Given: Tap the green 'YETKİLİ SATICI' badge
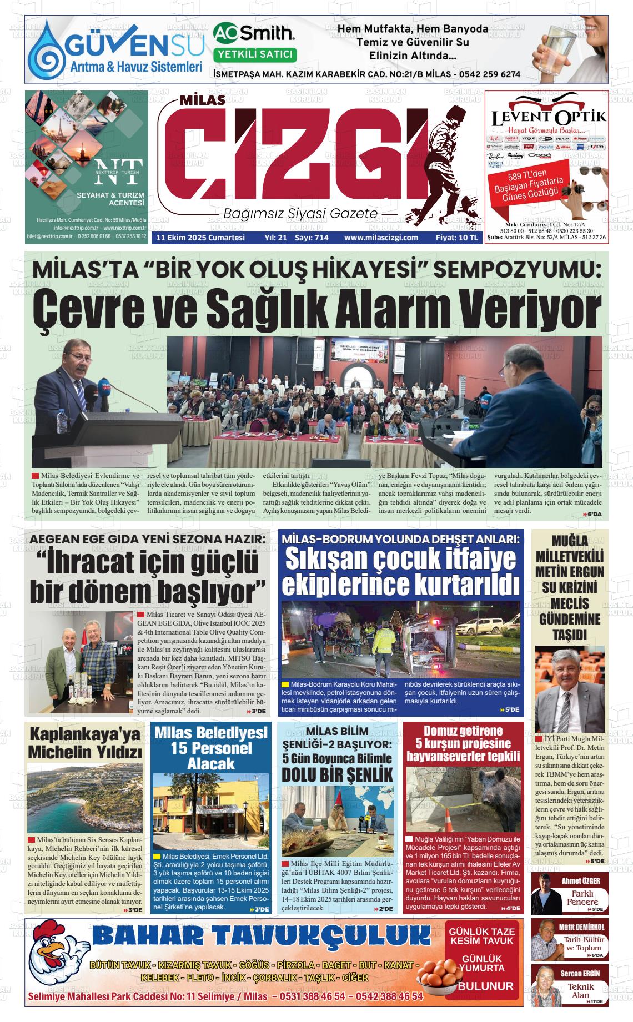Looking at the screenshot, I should pyautogui.click(x=255, y=54).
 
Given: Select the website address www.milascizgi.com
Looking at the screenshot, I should pyautogui.click(x=381, y=238).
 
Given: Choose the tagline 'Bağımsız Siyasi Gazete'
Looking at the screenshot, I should pyautogui.click(x=300, y=214).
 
